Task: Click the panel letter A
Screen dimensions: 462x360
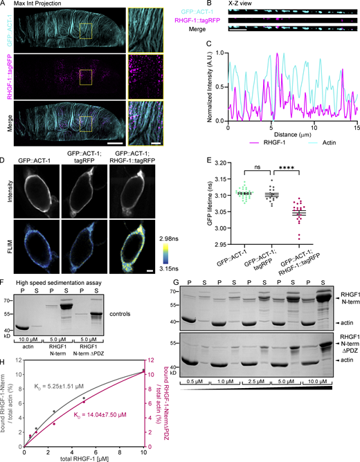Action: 3,5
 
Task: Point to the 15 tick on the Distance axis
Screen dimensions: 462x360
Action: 357,129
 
